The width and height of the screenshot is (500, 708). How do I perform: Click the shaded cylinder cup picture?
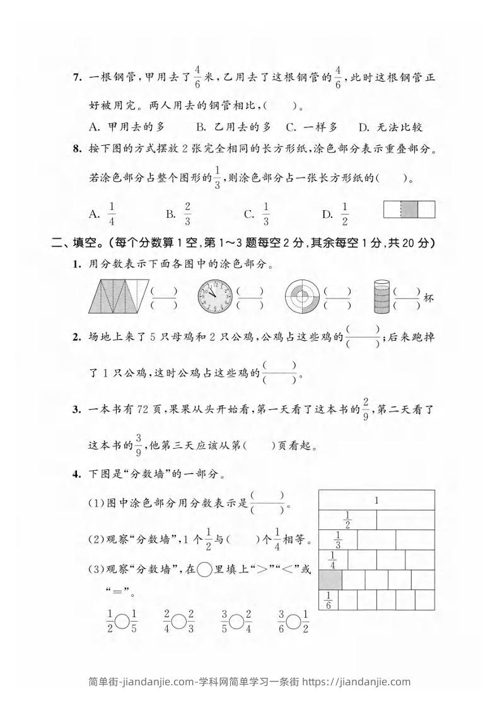pos(381,296)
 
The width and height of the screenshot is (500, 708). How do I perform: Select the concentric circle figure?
pos(303,295)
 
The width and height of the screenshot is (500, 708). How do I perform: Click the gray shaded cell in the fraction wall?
pos(331,579)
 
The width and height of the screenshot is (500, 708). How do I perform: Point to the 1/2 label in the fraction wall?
pos(347,520)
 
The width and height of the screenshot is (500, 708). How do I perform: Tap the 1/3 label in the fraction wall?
pos(338,540)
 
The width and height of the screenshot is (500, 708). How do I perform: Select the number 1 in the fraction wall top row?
pos(376,500)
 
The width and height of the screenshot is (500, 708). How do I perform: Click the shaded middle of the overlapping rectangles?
pos(409,209)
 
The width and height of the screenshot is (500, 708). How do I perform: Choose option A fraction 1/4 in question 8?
pos(111,214)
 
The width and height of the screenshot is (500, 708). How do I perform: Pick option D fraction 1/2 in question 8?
pos(344,214)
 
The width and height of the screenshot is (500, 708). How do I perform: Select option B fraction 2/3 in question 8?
pos(187,214)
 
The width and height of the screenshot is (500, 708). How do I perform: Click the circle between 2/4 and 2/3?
pos(179,622)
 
